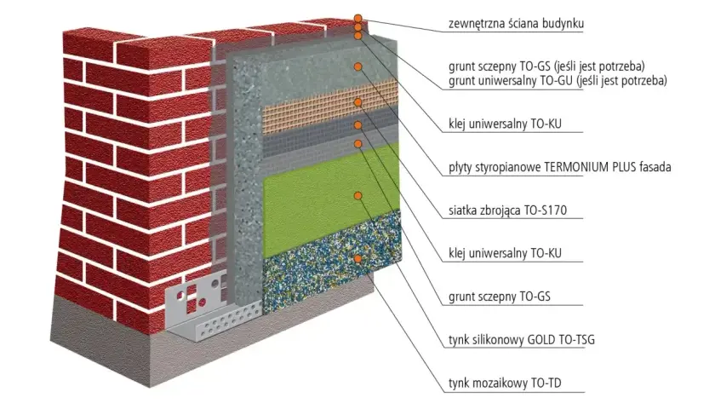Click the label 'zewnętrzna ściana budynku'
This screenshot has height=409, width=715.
click(516, 23)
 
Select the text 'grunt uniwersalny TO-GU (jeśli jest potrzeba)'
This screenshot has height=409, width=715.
click(558, 81)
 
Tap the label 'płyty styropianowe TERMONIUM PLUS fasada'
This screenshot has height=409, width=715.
click(559, 167)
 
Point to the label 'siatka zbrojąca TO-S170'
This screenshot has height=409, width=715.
click(507, 210)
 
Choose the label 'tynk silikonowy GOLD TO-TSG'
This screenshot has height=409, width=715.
click(522, 340)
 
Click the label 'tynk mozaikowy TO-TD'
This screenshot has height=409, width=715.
click(505, 383)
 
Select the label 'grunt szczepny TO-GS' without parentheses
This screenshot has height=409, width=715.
click(500, 297)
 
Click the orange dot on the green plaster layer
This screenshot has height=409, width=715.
click(358, 196)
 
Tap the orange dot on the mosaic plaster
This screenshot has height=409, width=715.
click(358, 259)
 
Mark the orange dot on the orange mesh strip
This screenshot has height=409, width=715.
click(358, 102)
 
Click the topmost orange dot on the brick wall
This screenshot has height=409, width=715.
click(358, 19)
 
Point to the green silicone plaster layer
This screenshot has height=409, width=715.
click(329, 201)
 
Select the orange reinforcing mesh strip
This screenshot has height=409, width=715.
click(329, 106)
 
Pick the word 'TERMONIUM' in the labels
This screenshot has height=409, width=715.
click(576, 167)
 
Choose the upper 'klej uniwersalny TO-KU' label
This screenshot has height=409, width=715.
click(505, 124)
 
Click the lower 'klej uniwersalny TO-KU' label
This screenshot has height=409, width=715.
click(505, 253)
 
